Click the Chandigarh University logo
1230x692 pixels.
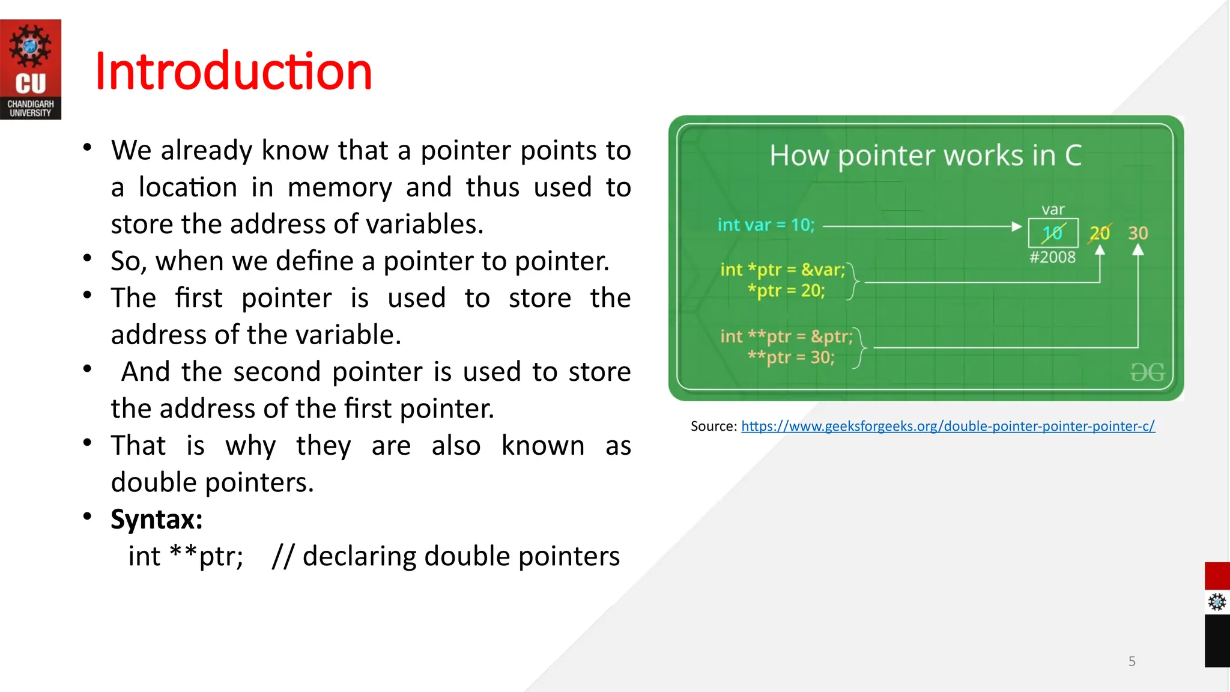tap(30, 69)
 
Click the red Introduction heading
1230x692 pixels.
tap(233, 71)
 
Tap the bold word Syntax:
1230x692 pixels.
tap(156, 519)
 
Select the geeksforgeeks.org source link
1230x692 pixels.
tap(947, 426)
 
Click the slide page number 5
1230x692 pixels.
tap(1132, 661)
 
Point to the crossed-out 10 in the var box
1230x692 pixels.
tap(1052, 233)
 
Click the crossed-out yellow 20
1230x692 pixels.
tap(1099, 233)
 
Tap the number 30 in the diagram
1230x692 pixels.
tap(1138, 233)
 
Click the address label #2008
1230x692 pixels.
tap(1052, 258)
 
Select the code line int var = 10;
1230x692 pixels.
tap(766, 225)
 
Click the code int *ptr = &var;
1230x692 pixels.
tap(782, 270)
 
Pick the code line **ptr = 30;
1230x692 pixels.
tap(790, 357)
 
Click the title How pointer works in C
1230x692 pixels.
tap(926, 156)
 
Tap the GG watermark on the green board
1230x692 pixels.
tap(1147, 372)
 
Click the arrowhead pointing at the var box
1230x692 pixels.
tap(1016, 226)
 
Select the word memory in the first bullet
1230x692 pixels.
tap(339, 187)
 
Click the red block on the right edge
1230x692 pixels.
tap(1217, 575)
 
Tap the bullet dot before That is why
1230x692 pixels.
tap(88, 443)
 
